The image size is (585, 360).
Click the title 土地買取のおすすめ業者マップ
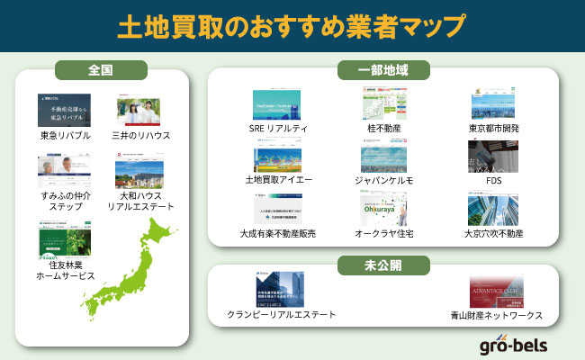pyautogui.click(x=292, y=26)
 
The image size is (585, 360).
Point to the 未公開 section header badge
pyautogui.click(x=383, y=265)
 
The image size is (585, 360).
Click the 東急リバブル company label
pyautogui.click(x=64, y=135)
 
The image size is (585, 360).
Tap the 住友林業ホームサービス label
pyautogui.click(x=64, y=270)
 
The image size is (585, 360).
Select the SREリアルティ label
pyautogui.click(x=278, y=129)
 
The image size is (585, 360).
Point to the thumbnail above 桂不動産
pyautogui.click(x=383, y=105)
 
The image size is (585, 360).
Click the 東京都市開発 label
pyautogui.click(x=493, y=129)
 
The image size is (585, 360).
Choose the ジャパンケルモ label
pyautogui.click(x=383, y=180)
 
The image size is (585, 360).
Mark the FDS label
pyautogui.click(x=493, y=180)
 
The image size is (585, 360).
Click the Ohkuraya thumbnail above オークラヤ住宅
pyautogui.click(x=383, y=209)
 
